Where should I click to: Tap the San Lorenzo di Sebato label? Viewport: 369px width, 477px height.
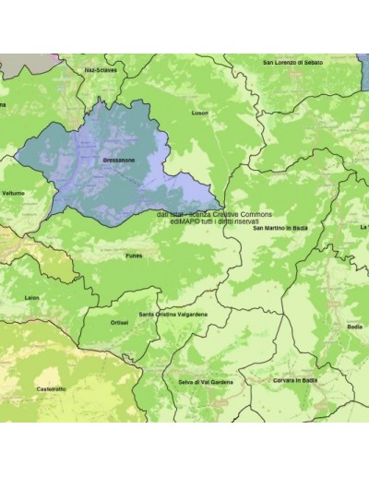click(293, 63)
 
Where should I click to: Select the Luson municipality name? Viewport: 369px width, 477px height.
click(200, 113)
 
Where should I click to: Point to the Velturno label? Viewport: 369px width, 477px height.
click(14, 193)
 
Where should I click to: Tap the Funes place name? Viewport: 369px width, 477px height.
click(134, 256)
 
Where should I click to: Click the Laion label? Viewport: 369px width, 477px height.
click(32, 298)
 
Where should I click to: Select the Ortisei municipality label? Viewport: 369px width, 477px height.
click(119, 323)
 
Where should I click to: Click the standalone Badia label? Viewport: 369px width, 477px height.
click(355, 326)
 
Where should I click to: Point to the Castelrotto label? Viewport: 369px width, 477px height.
click(51, 389)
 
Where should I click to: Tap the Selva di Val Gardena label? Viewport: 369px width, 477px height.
click(206, 381)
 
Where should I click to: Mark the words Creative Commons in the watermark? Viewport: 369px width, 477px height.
click(242, 213)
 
